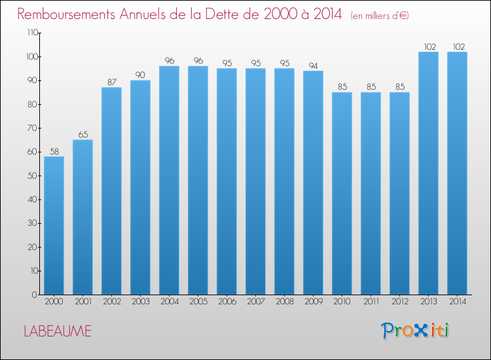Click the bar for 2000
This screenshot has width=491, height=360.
54,225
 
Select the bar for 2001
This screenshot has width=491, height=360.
82,217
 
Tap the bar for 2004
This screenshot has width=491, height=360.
169,180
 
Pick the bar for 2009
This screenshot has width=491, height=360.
313,183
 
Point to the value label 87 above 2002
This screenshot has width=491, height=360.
111,82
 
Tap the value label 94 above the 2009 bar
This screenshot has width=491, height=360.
313,65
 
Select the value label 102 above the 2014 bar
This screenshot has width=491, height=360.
457,46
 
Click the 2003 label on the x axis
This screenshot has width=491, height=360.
140,302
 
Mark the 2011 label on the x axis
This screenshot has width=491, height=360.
371,302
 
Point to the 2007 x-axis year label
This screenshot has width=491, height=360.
255,302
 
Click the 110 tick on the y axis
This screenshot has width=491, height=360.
31,33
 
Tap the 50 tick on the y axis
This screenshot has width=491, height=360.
33,175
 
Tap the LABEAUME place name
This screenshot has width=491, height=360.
58,331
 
